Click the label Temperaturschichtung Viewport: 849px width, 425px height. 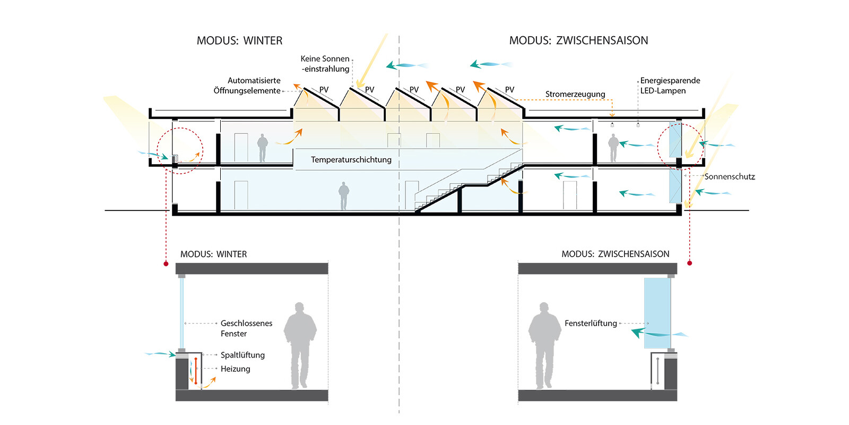click(351, 160)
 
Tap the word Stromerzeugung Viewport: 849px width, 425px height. click(575, 95)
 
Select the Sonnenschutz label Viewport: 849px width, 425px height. click(729, 177)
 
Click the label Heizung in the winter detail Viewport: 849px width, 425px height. click(235, 369)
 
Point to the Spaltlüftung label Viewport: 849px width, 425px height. click(242, 355)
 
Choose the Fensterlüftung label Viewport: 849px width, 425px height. click(591, 324)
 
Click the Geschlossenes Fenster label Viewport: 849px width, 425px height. click(246, 328)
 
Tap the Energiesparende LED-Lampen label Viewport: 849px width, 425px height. click(670, 86)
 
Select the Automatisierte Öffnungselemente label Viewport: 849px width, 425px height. click(247, 86)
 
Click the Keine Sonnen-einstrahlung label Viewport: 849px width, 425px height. click(325, 64)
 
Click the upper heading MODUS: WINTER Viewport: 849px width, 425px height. click(239, 41)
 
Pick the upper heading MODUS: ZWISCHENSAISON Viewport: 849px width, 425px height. click(578, 41)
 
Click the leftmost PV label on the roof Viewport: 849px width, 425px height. click(324, 90)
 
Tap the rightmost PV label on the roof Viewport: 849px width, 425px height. click(509, 90)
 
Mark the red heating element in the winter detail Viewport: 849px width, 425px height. click(195, 371)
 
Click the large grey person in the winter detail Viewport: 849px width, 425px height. click(300, 345)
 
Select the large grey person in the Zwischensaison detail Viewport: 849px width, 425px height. click(544, 345)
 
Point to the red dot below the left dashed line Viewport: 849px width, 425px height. click(166, 263)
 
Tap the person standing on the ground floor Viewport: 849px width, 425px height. click(344, 196)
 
